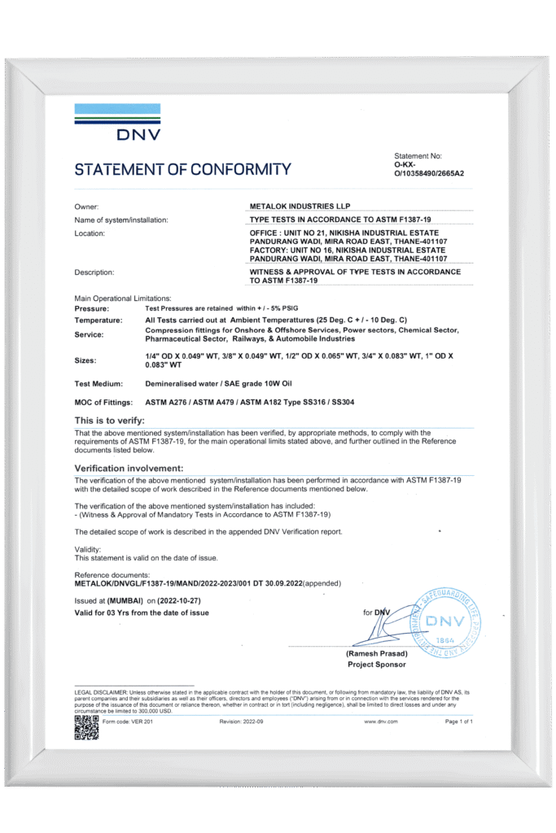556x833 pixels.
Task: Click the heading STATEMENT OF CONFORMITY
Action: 182,169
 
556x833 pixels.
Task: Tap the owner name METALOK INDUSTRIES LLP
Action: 303,207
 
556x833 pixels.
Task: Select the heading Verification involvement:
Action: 129,469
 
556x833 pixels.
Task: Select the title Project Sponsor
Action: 376,664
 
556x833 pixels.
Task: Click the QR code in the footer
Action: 86,726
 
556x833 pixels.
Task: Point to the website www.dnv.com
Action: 381,721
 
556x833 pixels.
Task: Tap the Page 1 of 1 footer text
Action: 459,721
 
